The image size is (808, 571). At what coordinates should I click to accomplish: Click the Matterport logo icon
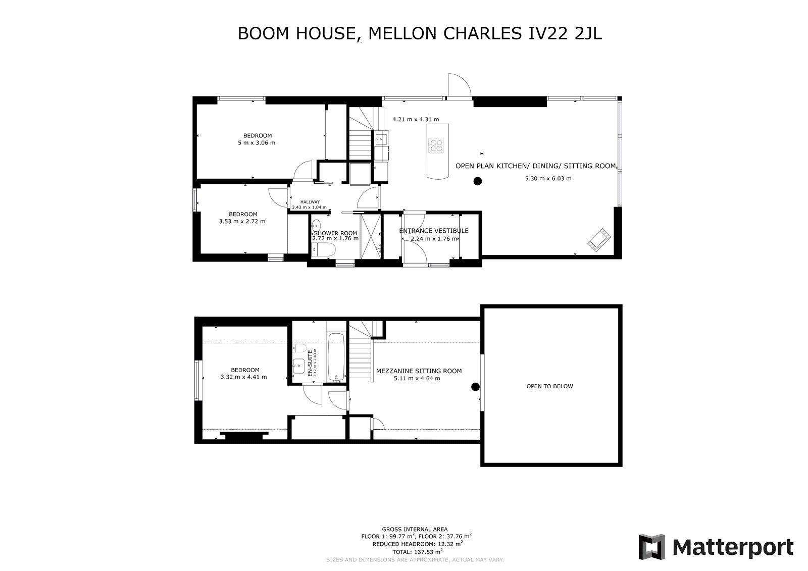coord(651,547)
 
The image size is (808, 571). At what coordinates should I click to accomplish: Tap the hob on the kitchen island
coord(436,145)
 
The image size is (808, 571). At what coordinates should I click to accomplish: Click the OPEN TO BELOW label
coord(549,386)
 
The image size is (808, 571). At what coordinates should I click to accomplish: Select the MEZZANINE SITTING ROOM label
coord(419,371)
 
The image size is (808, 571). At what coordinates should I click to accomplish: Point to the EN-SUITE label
coord(310,363)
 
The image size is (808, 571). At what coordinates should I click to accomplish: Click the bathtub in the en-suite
coord(336,357)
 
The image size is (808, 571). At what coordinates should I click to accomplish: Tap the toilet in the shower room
coord(324,250)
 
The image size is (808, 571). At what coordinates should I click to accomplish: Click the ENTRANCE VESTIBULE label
coord(434,231)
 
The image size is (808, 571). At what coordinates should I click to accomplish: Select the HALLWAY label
coord(310,202)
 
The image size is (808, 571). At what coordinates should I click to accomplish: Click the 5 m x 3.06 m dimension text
coord(257,143)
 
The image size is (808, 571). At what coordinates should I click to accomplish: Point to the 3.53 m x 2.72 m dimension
coord(242,222)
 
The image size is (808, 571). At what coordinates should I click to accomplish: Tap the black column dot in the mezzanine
coord(475,387)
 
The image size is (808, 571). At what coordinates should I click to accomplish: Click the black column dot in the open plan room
coord(478,181)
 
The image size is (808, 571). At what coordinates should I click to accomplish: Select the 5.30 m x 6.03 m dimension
coord(548,178)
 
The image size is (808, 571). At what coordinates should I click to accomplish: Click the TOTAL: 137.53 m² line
coord(417,551)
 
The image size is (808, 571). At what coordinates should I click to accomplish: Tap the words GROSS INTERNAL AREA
coord(415,530)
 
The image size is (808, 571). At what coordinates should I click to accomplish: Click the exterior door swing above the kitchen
coord(460,85)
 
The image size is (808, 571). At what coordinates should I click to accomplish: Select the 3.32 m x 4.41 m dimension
coord(243,377)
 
